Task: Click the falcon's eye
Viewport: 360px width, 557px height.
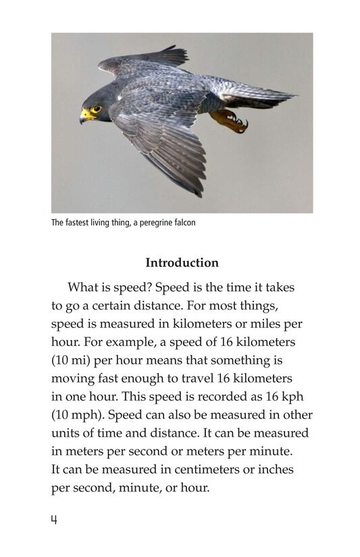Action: point(96,109)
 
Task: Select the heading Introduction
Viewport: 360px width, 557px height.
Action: point(182,263)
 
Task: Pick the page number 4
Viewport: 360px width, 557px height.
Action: point(54,520)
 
